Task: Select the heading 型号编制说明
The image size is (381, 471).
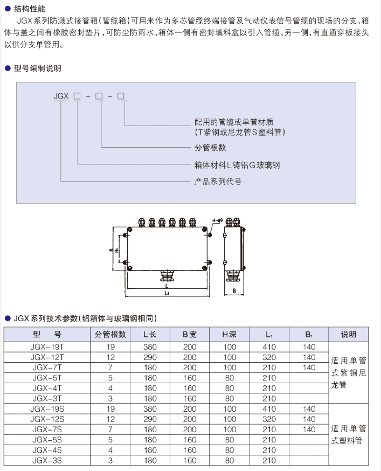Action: pyautogui.click(x=37, y=68)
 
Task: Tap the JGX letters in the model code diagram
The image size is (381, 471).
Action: pyautogui.click(x=60, y=96)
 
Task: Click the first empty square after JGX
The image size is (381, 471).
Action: pyautogui.click(x=78, y=96)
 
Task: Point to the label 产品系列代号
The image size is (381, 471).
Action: pyautogui.click(x=218, y=182)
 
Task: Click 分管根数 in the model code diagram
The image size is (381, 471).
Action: pyautogui.click(x=210, y=148)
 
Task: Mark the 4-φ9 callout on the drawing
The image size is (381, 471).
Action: pyautogui.click(x=217, y=220)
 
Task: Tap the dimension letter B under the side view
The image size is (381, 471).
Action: pyautogui.click(x=235, y=290)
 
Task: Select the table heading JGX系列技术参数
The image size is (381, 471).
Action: pyautogui.click(x=81, y=318)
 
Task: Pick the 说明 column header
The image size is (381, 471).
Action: pyautogui.click(x=348, y=334)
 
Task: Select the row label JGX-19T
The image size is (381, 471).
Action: pyautogui.click(x=47, y=347)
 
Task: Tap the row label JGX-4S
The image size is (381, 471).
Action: pyautogui.click(x=47, y=450)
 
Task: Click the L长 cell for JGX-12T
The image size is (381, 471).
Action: pyautogui.click(x=150, y=357)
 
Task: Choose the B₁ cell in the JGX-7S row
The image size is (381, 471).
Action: pyautogui.click(x=309, y=430)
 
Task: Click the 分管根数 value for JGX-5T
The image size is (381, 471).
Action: pyautogui.click(x=110, y=378)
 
